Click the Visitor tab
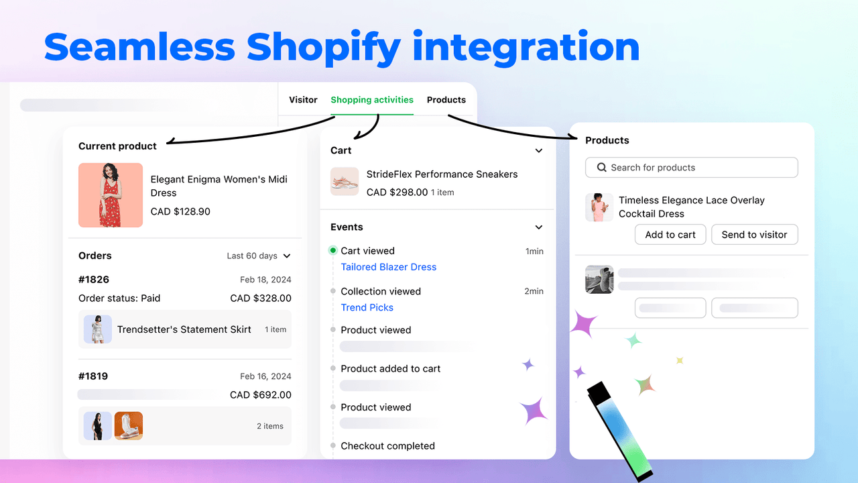pos(303,100)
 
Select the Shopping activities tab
pos(372,100)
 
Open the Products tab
pos(446,100)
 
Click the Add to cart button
pos(670,235)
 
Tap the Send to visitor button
pos(754,235)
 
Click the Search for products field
pos(691,168)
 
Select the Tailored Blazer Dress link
pos(388,267)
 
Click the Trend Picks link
pos(367,307)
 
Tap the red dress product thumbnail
pos(111,195)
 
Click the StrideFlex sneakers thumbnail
pos(345,182)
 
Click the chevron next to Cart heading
pos(539,151)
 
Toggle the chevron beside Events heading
pos(539,227)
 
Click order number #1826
pos(94,280)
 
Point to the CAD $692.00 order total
pos(261,395)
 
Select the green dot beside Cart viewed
pos(332,251)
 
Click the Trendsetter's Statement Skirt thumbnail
pos(98,329)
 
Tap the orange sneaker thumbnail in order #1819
pos(129,426)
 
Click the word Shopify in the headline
pos(324,48)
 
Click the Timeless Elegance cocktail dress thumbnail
pos(599,207)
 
